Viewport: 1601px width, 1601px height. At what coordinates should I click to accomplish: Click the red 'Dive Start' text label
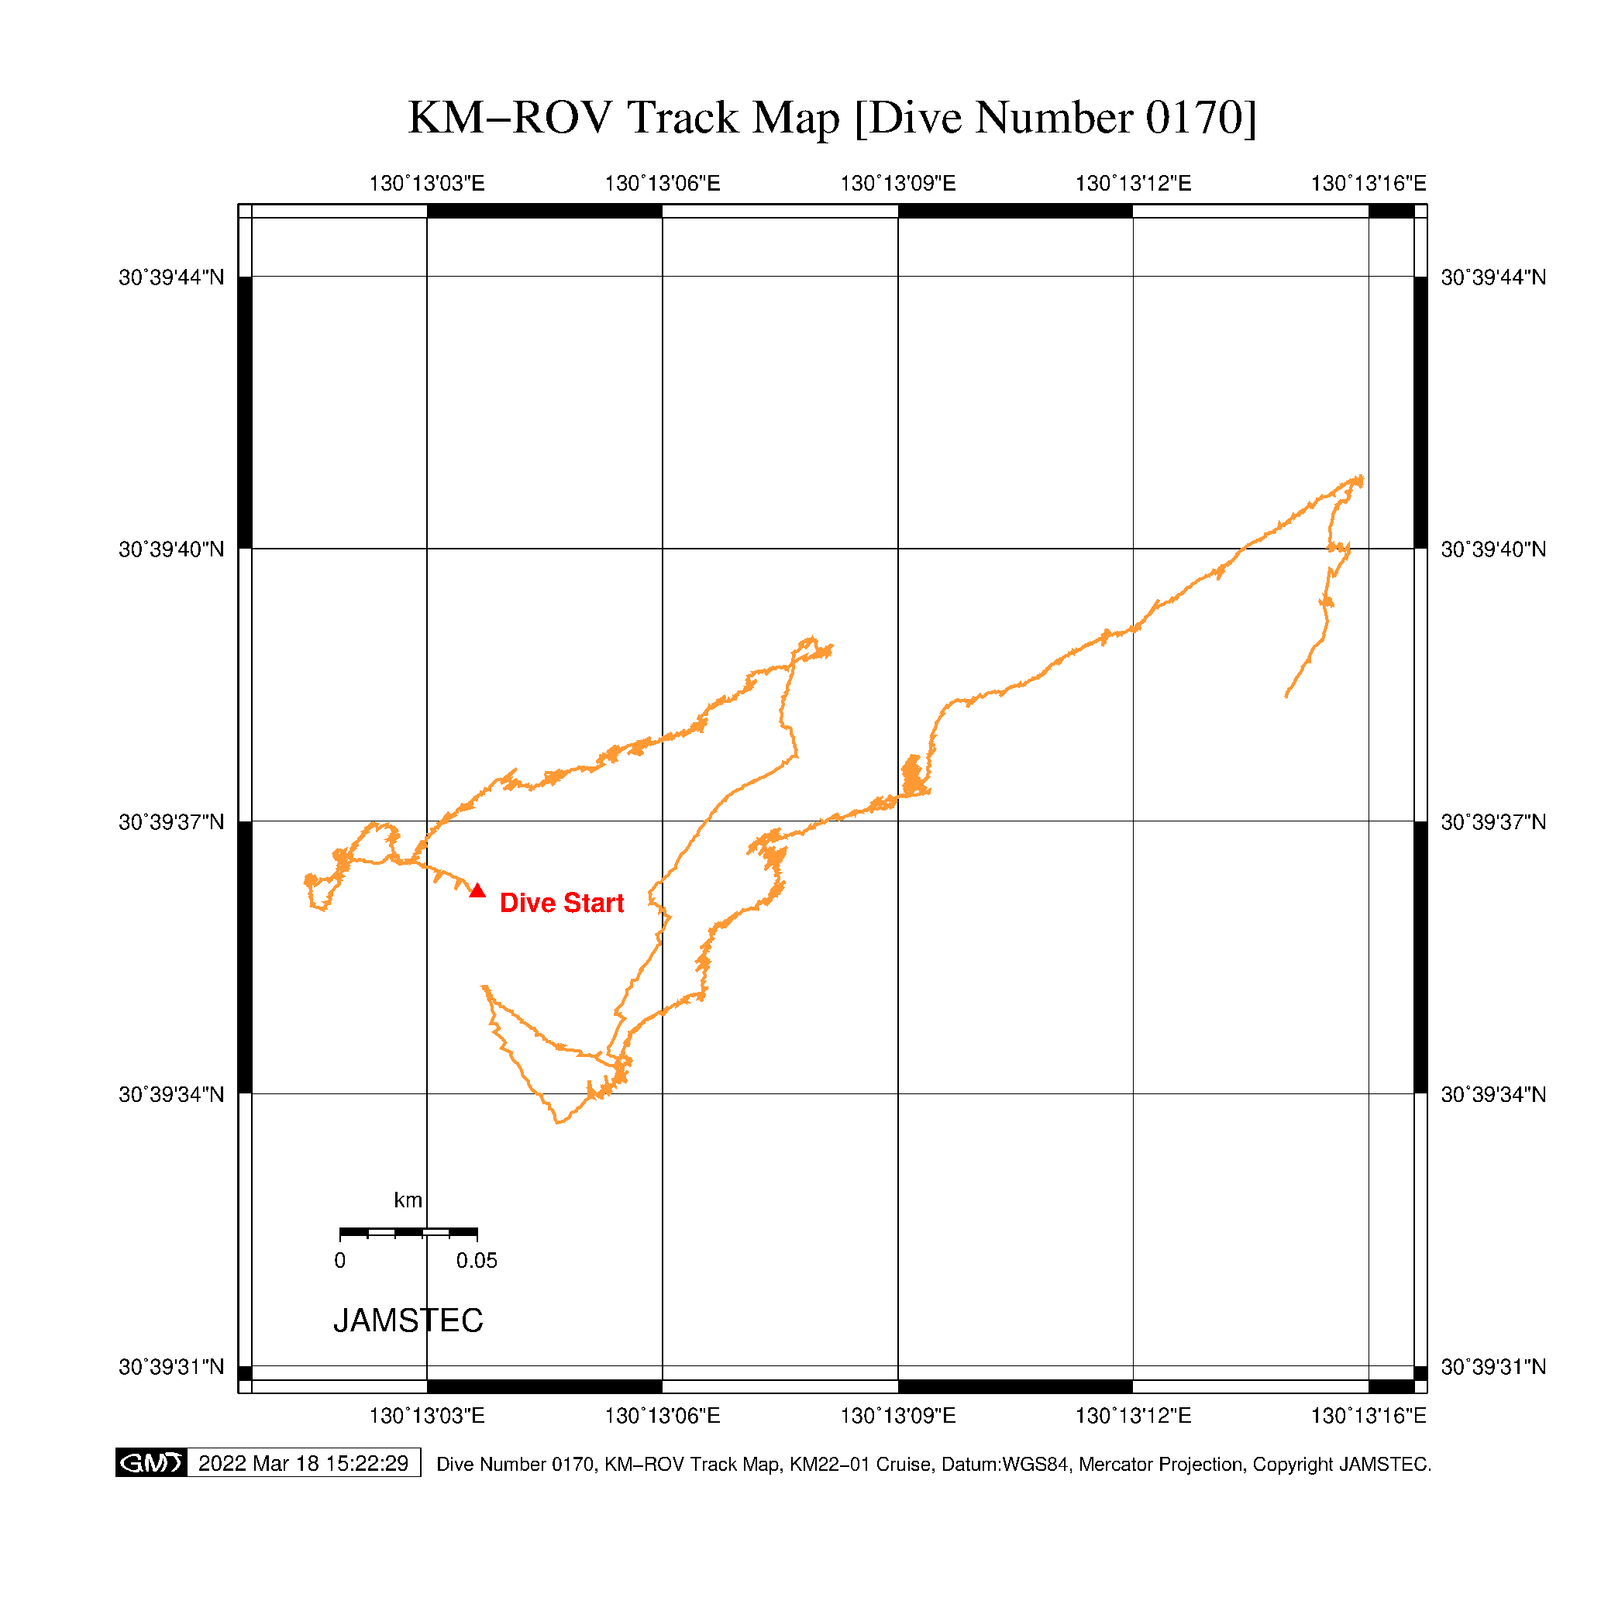pos(561,904)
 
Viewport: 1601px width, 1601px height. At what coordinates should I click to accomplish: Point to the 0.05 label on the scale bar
pos(477,1262)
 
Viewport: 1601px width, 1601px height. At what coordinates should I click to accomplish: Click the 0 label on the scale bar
pos(339,1262)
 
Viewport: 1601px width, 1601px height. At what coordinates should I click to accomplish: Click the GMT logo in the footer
pos(151,1463)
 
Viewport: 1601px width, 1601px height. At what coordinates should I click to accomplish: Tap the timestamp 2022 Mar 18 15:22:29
pos(303,1463)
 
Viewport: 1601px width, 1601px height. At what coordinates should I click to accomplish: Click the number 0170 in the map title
pos(1193,118)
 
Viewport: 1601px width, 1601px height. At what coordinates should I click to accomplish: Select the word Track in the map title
pos(682,118)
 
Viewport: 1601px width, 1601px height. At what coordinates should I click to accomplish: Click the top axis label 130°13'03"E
pos(427,183)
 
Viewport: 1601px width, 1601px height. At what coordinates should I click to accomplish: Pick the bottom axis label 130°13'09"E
pos(897,1415)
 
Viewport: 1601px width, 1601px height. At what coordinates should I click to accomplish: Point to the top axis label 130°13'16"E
pos(1369,183)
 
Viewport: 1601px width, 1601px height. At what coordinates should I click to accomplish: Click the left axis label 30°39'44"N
pos(171,277)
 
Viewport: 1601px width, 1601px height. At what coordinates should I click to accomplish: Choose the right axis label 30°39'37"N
pos(1493,822)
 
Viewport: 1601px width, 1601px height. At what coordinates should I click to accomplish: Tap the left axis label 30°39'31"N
pos(171,1367)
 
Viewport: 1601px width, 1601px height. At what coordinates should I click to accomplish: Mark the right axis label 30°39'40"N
pos(1493,549)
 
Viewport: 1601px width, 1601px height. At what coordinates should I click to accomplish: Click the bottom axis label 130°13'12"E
pos(1133,1415)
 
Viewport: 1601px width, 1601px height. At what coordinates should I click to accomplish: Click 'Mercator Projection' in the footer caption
pos(1160,1465)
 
